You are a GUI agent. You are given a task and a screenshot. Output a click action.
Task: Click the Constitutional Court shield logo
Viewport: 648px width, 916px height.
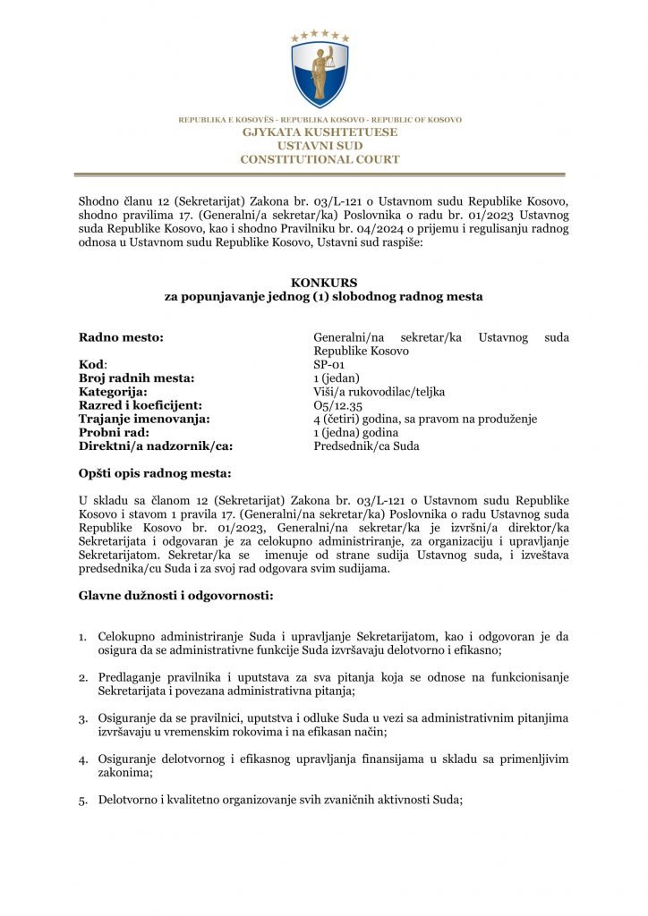tap(320, 72)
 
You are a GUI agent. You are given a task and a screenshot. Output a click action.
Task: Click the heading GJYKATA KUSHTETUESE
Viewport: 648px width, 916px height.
tap(320, 132)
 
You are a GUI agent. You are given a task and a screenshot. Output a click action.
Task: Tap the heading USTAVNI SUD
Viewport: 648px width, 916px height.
tap(320, 146)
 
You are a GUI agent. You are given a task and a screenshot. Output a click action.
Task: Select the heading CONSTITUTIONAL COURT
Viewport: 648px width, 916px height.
tap(320, 159)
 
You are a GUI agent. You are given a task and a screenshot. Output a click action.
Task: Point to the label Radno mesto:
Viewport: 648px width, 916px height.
tap(121, 337)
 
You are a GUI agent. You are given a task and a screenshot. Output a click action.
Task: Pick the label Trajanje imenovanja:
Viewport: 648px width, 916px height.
tap(144, 419)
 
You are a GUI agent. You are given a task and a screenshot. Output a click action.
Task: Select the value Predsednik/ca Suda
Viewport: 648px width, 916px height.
tap(366, 445)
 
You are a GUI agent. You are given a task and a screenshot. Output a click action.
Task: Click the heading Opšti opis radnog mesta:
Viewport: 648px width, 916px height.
tap(154, 472)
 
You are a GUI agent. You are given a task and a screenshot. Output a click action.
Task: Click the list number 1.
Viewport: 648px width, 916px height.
tap(82, 637)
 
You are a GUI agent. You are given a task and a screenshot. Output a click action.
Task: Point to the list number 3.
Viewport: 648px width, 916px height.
tap(82, 718)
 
